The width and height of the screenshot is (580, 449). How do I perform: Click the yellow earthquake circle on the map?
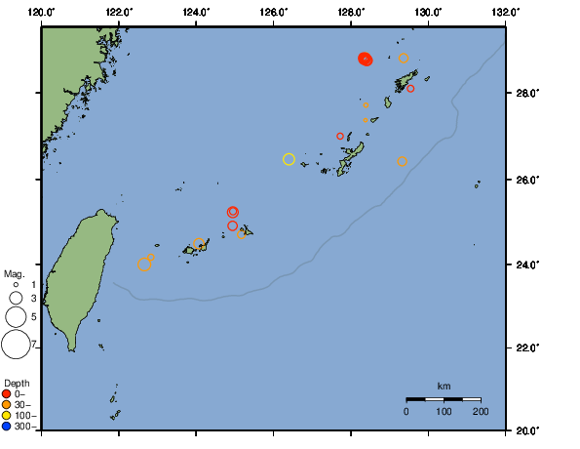coord(289,159)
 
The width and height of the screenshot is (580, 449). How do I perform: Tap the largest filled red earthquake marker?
coord(365,59)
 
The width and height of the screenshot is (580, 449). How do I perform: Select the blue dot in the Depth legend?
coord(7,426)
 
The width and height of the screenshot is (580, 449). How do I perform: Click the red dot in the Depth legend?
coord(7,393)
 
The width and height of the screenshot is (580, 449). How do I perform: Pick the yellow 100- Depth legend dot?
coord(7,415)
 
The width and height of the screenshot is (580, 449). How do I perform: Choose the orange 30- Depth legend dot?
coord(7,404)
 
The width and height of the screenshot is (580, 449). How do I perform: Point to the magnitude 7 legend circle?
coord(16,344)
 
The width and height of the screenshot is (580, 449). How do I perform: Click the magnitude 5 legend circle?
coord(16,316)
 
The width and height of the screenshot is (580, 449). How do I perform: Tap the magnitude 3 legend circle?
coord(16,298)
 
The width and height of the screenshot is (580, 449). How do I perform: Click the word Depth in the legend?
coord(17,382)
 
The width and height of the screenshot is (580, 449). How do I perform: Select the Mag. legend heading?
coord(14,274)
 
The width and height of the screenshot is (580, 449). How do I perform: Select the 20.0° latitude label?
coord(527,429)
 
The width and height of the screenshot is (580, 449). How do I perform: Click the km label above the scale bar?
coord(444,386)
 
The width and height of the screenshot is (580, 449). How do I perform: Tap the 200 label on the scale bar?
coord(480,411)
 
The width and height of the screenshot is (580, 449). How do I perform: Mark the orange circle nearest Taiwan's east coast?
coord(144,265)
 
